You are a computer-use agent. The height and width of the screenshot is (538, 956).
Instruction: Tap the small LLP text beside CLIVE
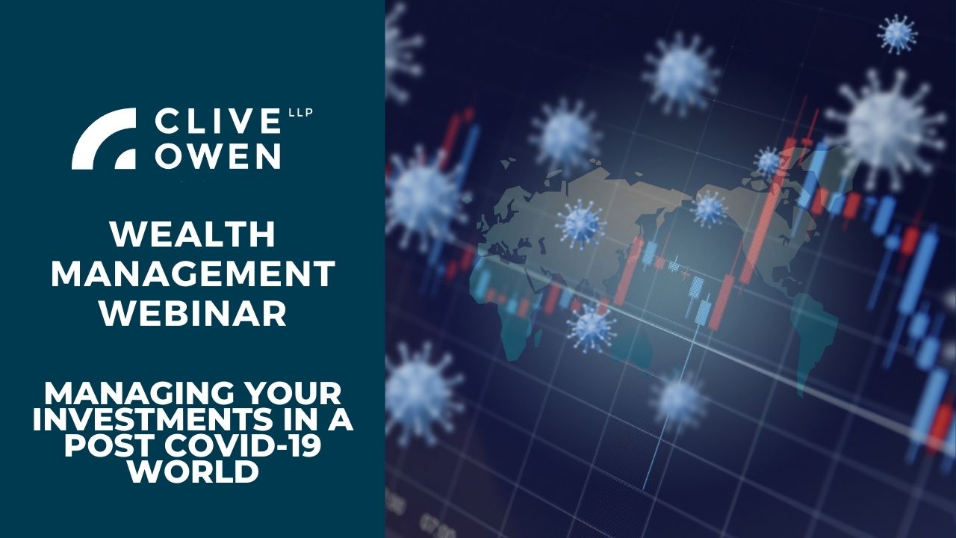(301, 113)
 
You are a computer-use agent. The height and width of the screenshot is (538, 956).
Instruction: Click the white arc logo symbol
(104, 138)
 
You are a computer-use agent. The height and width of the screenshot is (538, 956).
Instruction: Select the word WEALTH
(193, 235)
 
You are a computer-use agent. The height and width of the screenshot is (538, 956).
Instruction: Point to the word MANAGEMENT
(193, 273)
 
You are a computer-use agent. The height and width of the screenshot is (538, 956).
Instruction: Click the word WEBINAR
(193, 313)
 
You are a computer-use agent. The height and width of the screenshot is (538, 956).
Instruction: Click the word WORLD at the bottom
(194, 471)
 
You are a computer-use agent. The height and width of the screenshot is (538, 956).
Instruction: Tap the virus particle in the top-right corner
(897, 34)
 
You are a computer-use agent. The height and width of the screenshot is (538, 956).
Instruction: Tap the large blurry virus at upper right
(884, 125)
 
